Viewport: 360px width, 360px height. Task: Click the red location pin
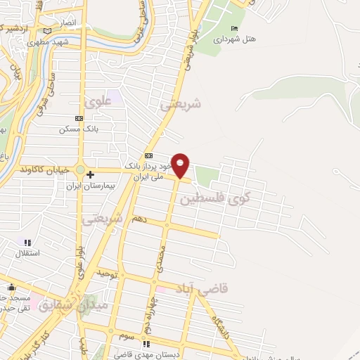[x=181, y=165]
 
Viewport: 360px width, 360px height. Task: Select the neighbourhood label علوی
[x=98, y=102]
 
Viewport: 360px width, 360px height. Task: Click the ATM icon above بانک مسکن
[x=79, y=119]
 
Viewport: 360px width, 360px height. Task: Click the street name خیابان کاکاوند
[x=43, y=169]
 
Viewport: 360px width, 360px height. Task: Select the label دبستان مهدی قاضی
[x=158, y=354]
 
